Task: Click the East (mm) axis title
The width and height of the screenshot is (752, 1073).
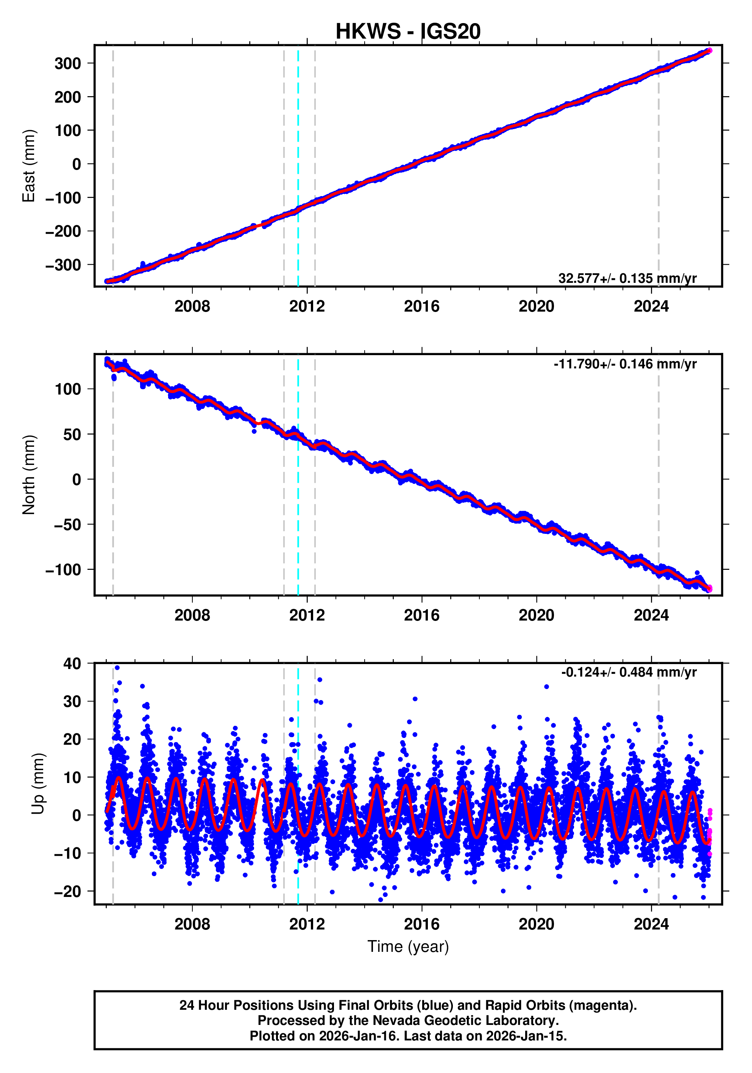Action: click(29, 166)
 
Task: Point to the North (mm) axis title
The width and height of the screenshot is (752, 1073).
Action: click(29, 475)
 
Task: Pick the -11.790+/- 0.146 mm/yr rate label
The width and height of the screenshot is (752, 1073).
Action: click(625, 364)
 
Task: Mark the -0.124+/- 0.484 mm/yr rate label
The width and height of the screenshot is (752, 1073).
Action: click(629, 672)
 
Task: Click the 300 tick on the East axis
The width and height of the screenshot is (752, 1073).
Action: click(68, 64)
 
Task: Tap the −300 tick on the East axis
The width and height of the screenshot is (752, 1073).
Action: click(63, 265)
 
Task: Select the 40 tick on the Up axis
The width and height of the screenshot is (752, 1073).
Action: click(72, 664)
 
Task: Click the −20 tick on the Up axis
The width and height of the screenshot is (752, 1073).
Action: click(67, 892)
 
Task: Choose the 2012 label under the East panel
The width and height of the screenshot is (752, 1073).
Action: click(307, 307)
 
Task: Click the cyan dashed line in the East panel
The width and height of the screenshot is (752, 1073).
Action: click(298, 140)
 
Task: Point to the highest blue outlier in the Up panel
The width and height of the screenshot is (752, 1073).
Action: click(117, 668)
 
